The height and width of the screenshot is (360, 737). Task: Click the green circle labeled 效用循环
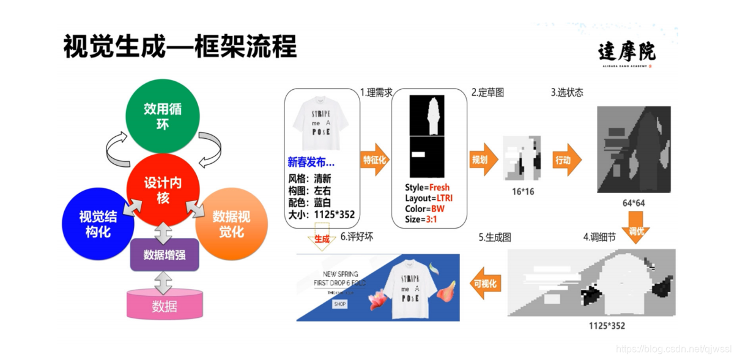coord(163,117)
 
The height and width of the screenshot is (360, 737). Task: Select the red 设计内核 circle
coord(162,189)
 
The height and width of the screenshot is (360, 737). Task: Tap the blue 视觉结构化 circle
coord(98,224)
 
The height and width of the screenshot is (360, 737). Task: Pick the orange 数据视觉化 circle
coord(231,224)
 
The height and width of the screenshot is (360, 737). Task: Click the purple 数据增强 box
coord(165,254)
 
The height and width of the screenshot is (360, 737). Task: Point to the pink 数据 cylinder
coord(165,305)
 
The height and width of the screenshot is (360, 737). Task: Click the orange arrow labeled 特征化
coord(374,160)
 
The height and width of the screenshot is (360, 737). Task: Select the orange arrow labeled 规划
coord(481,160)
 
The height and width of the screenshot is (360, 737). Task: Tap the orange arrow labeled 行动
coord(565,160)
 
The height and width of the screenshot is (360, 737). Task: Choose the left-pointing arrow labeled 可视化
coord(486,283)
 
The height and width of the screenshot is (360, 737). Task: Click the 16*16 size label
coord(522,191)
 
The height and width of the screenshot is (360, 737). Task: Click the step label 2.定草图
coord(487,93)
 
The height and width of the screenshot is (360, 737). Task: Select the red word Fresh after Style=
coord(439,188)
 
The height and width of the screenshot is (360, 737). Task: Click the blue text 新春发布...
coord(311,163)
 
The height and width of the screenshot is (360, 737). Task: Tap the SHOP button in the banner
coord(339,304)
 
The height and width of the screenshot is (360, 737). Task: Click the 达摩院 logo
coord(626,52)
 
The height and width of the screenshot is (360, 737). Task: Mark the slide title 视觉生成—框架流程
coord(180,47)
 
